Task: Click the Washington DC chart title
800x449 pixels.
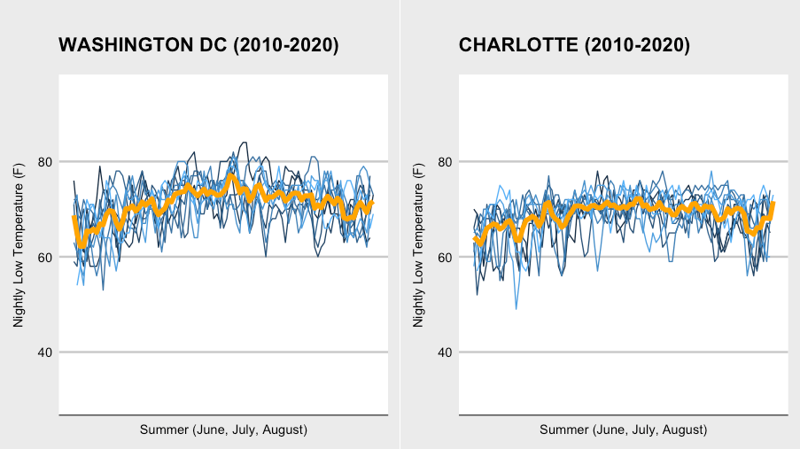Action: pyautogui.click(x=198, y=46)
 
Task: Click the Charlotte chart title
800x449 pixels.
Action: pyautogui.click(x=574, y=46)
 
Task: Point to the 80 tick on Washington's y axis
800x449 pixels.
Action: pyautogui.click(x=44, y=162)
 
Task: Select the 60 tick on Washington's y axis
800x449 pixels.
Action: pyautogui.click(x=44, y=258)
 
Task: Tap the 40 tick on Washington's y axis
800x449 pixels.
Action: pyautogui.click(x=44, y=352)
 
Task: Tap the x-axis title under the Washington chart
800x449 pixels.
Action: pyautogui.click(x=223, y=430)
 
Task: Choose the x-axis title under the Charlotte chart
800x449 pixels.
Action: pyautogui.click(x=623, y=430)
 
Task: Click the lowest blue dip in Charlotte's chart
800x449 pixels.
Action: pyautogui.click(x=517, y=308)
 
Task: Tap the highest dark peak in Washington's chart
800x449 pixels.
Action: pyautogui.click(x=243, y=142)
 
